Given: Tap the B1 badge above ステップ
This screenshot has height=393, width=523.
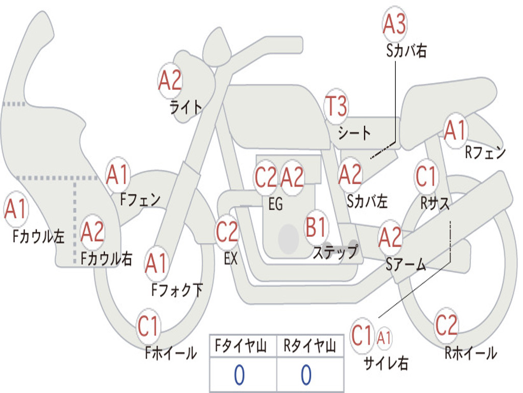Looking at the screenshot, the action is (x=316, y=227).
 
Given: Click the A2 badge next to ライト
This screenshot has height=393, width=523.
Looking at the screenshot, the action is (x=170, y=80).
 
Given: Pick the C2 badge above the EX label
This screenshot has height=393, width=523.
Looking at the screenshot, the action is (x=227, y=231).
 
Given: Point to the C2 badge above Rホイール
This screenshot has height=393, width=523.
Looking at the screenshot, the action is (x=446, y=325).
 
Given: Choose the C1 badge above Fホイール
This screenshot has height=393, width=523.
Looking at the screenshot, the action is (x=148, y=326).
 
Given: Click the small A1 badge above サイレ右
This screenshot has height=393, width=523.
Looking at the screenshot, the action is (x=384, y=338).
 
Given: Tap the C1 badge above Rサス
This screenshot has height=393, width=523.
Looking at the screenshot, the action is (x=426, y=176).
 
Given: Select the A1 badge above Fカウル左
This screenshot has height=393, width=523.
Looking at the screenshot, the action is (x=15, y=209).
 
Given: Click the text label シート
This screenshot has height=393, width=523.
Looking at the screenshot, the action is (x=354, y=133).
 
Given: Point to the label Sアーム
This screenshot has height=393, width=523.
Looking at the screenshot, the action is (x=406, y=265).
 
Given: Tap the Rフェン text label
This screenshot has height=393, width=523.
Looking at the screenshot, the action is (x=485, y=152).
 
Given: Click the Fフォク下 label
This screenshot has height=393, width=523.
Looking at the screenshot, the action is (x=177, y=290).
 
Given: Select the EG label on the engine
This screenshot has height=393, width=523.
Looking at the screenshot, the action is (x=275, y=204).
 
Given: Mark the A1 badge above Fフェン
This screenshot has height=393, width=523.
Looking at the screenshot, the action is (x=117, y=174).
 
